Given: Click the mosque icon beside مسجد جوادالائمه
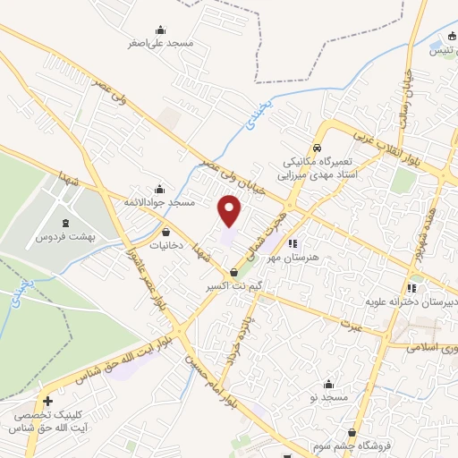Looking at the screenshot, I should tap(159, 188).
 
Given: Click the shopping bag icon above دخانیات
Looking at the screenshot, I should tap(166, 231).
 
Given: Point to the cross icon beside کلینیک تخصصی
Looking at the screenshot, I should tap(47, 402).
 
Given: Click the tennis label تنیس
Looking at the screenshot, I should tap(445, 50).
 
